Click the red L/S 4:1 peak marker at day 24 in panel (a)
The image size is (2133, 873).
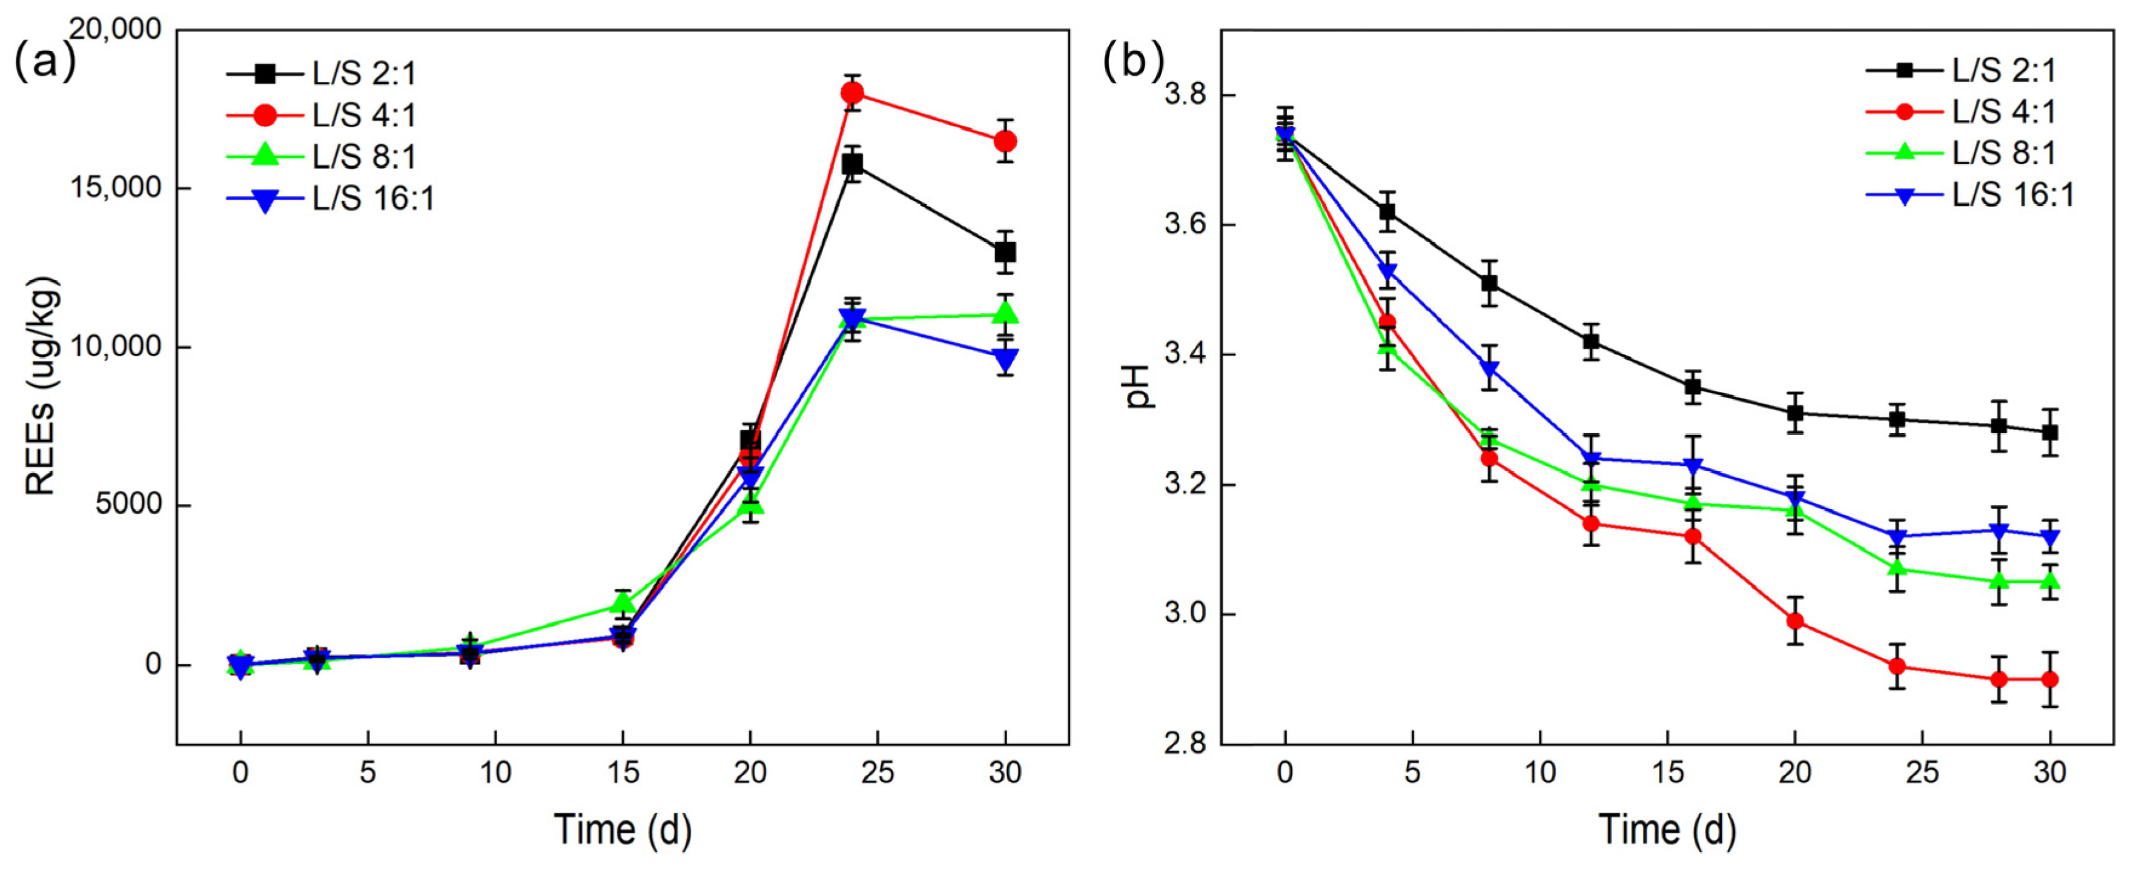point(852,93)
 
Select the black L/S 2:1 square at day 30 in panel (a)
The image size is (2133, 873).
point(1005,252)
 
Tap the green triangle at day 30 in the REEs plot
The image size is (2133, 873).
point(1005,313)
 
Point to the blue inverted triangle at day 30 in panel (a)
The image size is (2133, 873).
point(1005,359)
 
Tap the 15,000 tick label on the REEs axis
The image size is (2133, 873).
point(116,188)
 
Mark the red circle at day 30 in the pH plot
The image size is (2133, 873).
point(2050,679)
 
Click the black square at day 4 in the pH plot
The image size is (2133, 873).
point(1387,212)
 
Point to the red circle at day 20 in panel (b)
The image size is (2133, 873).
point(1795,621)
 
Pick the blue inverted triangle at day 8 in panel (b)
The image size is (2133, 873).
point(1490,368)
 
